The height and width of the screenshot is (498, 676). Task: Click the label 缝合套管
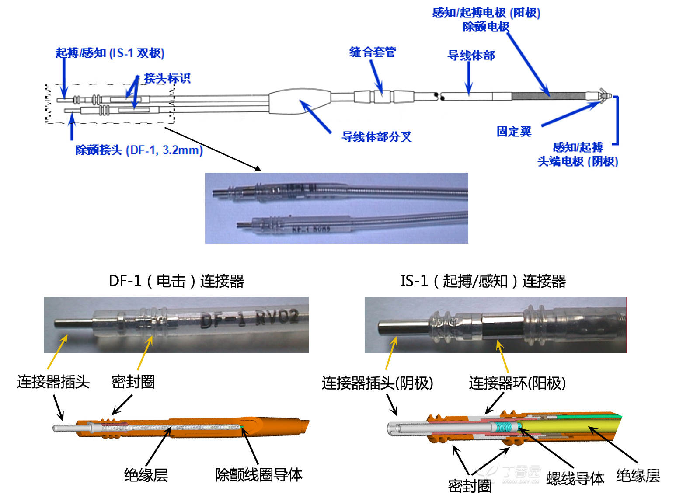click(372, 52)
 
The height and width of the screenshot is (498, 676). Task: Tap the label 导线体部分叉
click(376, 137)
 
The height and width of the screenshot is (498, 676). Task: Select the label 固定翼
click(514, 132)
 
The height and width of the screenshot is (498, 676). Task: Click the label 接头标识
click(167, 78)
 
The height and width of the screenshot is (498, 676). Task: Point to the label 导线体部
click(471, 56)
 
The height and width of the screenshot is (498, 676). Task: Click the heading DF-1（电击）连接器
click(176, 281)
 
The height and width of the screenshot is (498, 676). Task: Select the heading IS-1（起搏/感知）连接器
click(483, 281)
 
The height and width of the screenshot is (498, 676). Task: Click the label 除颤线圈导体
click(258, 475)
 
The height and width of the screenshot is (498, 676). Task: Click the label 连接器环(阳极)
click(517, 383)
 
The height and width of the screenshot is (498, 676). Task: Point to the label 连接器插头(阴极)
click(377, 383)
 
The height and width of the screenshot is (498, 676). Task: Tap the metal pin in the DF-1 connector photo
click(73, 324)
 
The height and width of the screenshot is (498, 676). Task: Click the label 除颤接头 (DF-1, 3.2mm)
click(139, 150)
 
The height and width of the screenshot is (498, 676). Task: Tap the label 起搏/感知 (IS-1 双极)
click(110, 53)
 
